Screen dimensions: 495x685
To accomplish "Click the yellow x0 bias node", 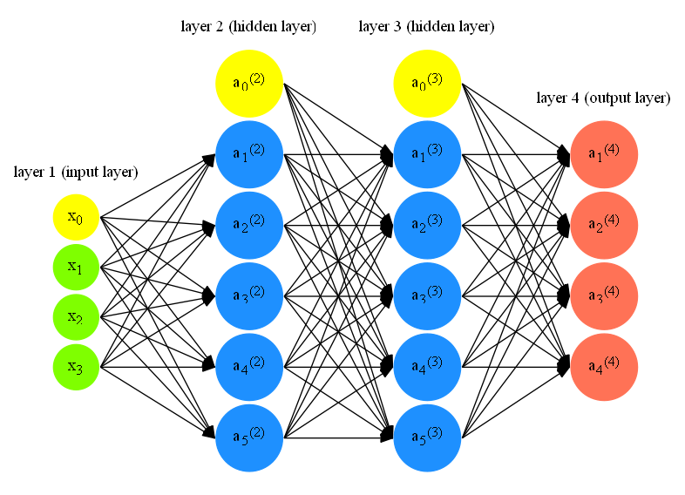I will (76, 217).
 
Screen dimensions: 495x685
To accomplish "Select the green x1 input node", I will (76, 268).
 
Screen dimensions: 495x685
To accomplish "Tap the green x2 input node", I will (76, 317).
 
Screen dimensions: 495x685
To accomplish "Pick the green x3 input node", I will (76, 367).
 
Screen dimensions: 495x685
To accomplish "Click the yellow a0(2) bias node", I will (249, 83).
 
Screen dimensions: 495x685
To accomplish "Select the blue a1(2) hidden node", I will (249, 154).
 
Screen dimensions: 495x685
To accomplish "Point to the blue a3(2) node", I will (249, 295).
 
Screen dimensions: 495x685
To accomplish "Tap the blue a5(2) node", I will (249, 437).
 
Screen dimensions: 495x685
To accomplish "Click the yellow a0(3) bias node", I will (427, 83).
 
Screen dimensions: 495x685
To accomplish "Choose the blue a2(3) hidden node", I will (427, 225).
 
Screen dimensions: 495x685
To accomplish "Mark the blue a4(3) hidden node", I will (427, 366).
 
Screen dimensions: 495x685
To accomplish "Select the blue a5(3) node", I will (427, 437).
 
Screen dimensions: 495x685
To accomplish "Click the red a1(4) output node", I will (604, 154).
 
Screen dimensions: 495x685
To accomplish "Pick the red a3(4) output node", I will (604, 295).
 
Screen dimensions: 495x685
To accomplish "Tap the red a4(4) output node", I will (604, 366).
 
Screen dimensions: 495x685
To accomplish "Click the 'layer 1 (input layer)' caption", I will (76, 172).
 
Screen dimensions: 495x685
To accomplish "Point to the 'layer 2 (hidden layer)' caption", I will (248, 27).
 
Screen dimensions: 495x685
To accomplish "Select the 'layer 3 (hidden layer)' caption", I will (426, 27).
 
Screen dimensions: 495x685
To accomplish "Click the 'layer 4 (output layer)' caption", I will (603, 98).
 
